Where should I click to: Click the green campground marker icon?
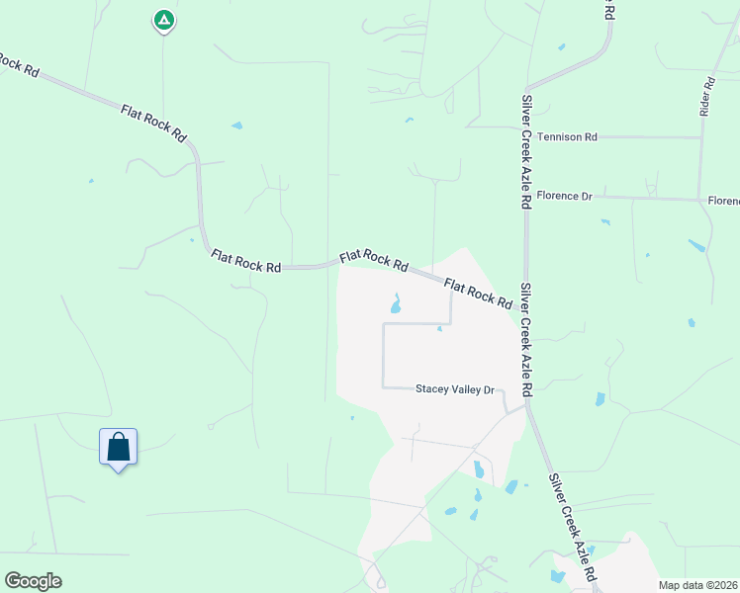(164, 20)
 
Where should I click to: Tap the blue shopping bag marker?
(119, 447)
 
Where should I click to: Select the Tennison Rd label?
(568, 137)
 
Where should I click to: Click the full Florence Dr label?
(565, 197)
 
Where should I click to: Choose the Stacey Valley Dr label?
(454, 389)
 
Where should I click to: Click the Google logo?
(33, 581)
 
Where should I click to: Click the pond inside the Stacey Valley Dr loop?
(396, 304)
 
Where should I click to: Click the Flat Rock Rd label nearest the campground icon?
(153, 122)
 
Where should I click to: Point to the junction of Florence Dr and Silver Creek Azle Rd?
(526, 197)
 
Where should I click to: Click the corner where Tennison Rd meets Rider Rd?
(701, 137)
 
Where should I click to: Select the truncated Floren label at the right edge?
(723, 201)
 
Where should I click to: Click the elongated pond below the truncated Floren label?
(697, 245)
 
